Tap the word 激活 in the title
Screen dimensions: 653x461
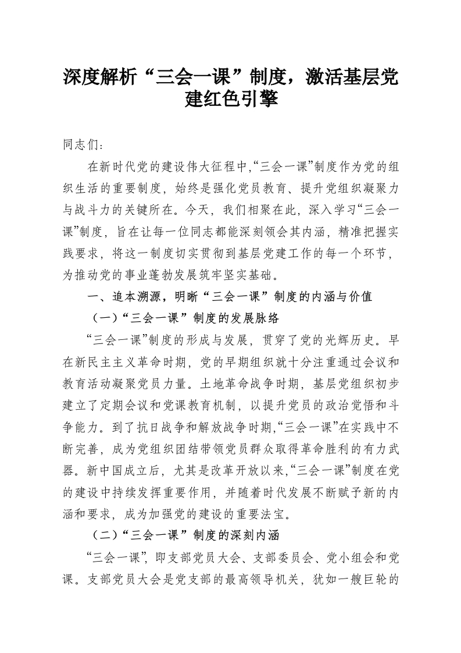pyautogui.click(x=309, y=77)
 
